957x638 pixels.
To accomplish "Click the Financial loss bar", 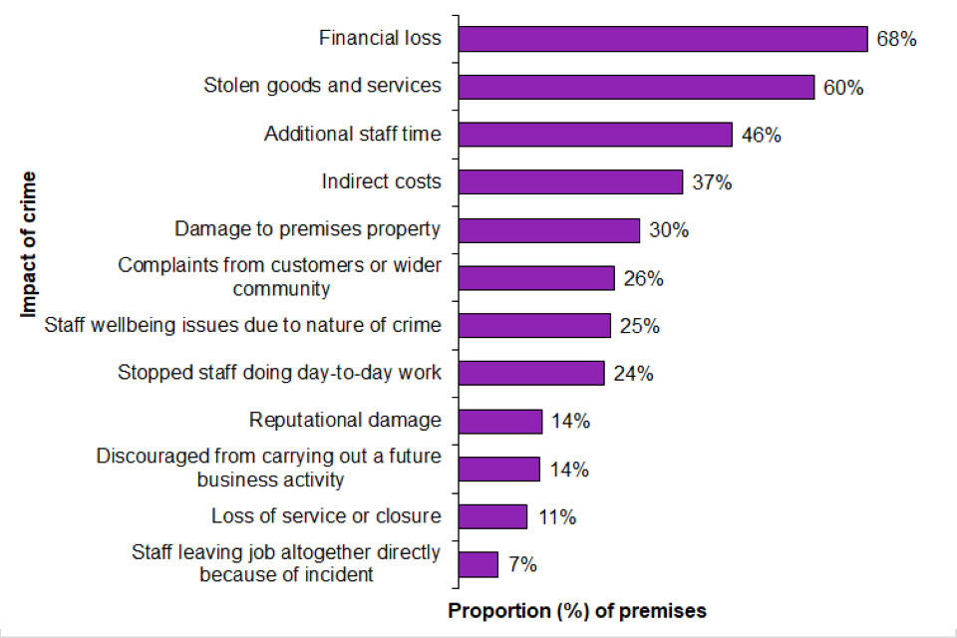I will coord(663,39).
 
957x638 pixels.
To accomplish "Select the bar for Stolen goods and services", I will coord(637,87).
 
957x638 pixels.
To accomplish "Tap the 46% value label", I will coord(761,135).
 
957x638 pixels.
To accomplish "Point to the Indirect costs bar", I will coord(571,182).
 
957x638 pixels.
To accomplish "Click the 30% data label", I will coord(669,230).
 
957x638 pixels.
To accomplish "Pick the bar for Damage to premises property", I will coord(549,230).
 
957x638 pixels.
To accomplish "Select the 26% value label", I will coord(643,278).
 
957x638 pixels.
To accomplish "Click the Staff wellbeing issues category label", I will coord(242,325).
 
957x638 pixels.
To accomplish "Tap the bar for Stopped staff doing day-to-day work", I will coord(531,373).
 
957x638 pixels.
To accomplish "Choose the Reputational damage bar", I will coord(500,421).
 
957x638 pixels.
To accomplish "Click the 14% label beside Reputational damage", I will coord(570,421).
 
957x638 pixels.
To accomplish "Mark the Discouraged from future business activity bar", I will coord(499,469).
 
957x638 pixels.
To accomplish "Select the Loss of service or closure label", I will coord(325,516).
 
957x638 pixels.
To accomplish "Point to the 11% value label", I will coord(556,516).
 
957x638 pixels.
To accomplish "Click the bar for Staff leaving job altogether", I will coord(478,564).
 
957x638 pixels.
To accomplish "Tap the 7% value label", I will coord(522,564).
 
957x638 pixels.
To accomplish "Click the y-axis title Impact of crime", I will coord(27,244).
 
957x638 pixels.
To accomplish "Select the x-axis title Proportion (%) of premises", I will coord(577,611).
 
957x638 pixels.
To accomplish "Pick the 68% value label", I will coord(896,39).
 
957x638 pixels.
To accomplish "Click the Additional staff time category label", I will coord(352,134).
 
